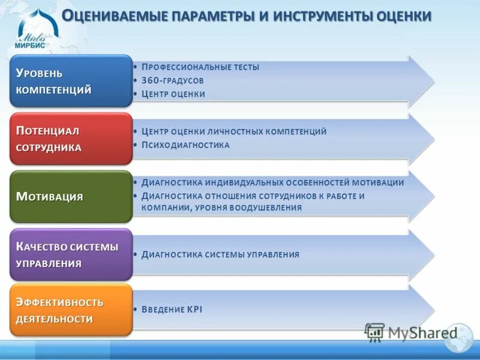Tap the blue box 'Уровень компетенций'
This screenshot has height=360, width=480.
coord(71,82)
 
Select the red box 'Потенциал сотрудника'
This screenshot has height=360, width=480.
coord(71,139)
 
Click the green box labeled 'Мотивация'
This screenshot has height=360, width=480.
coord(71,196)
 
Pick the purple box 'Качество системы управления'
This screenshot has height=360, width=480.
coord(71,254)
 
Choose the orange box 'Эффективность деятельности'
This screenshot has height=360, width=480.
coord(71,310)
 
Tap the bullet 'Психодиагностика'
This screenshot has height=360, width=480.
coord(185,145)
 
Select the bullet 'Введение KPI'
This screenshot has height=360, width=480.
coord(172,310)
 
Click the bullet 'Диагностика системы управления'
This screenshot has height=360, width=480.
coord(220,254)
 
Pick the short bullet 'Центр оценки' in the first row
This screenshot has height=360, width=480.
coord(173,94)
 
